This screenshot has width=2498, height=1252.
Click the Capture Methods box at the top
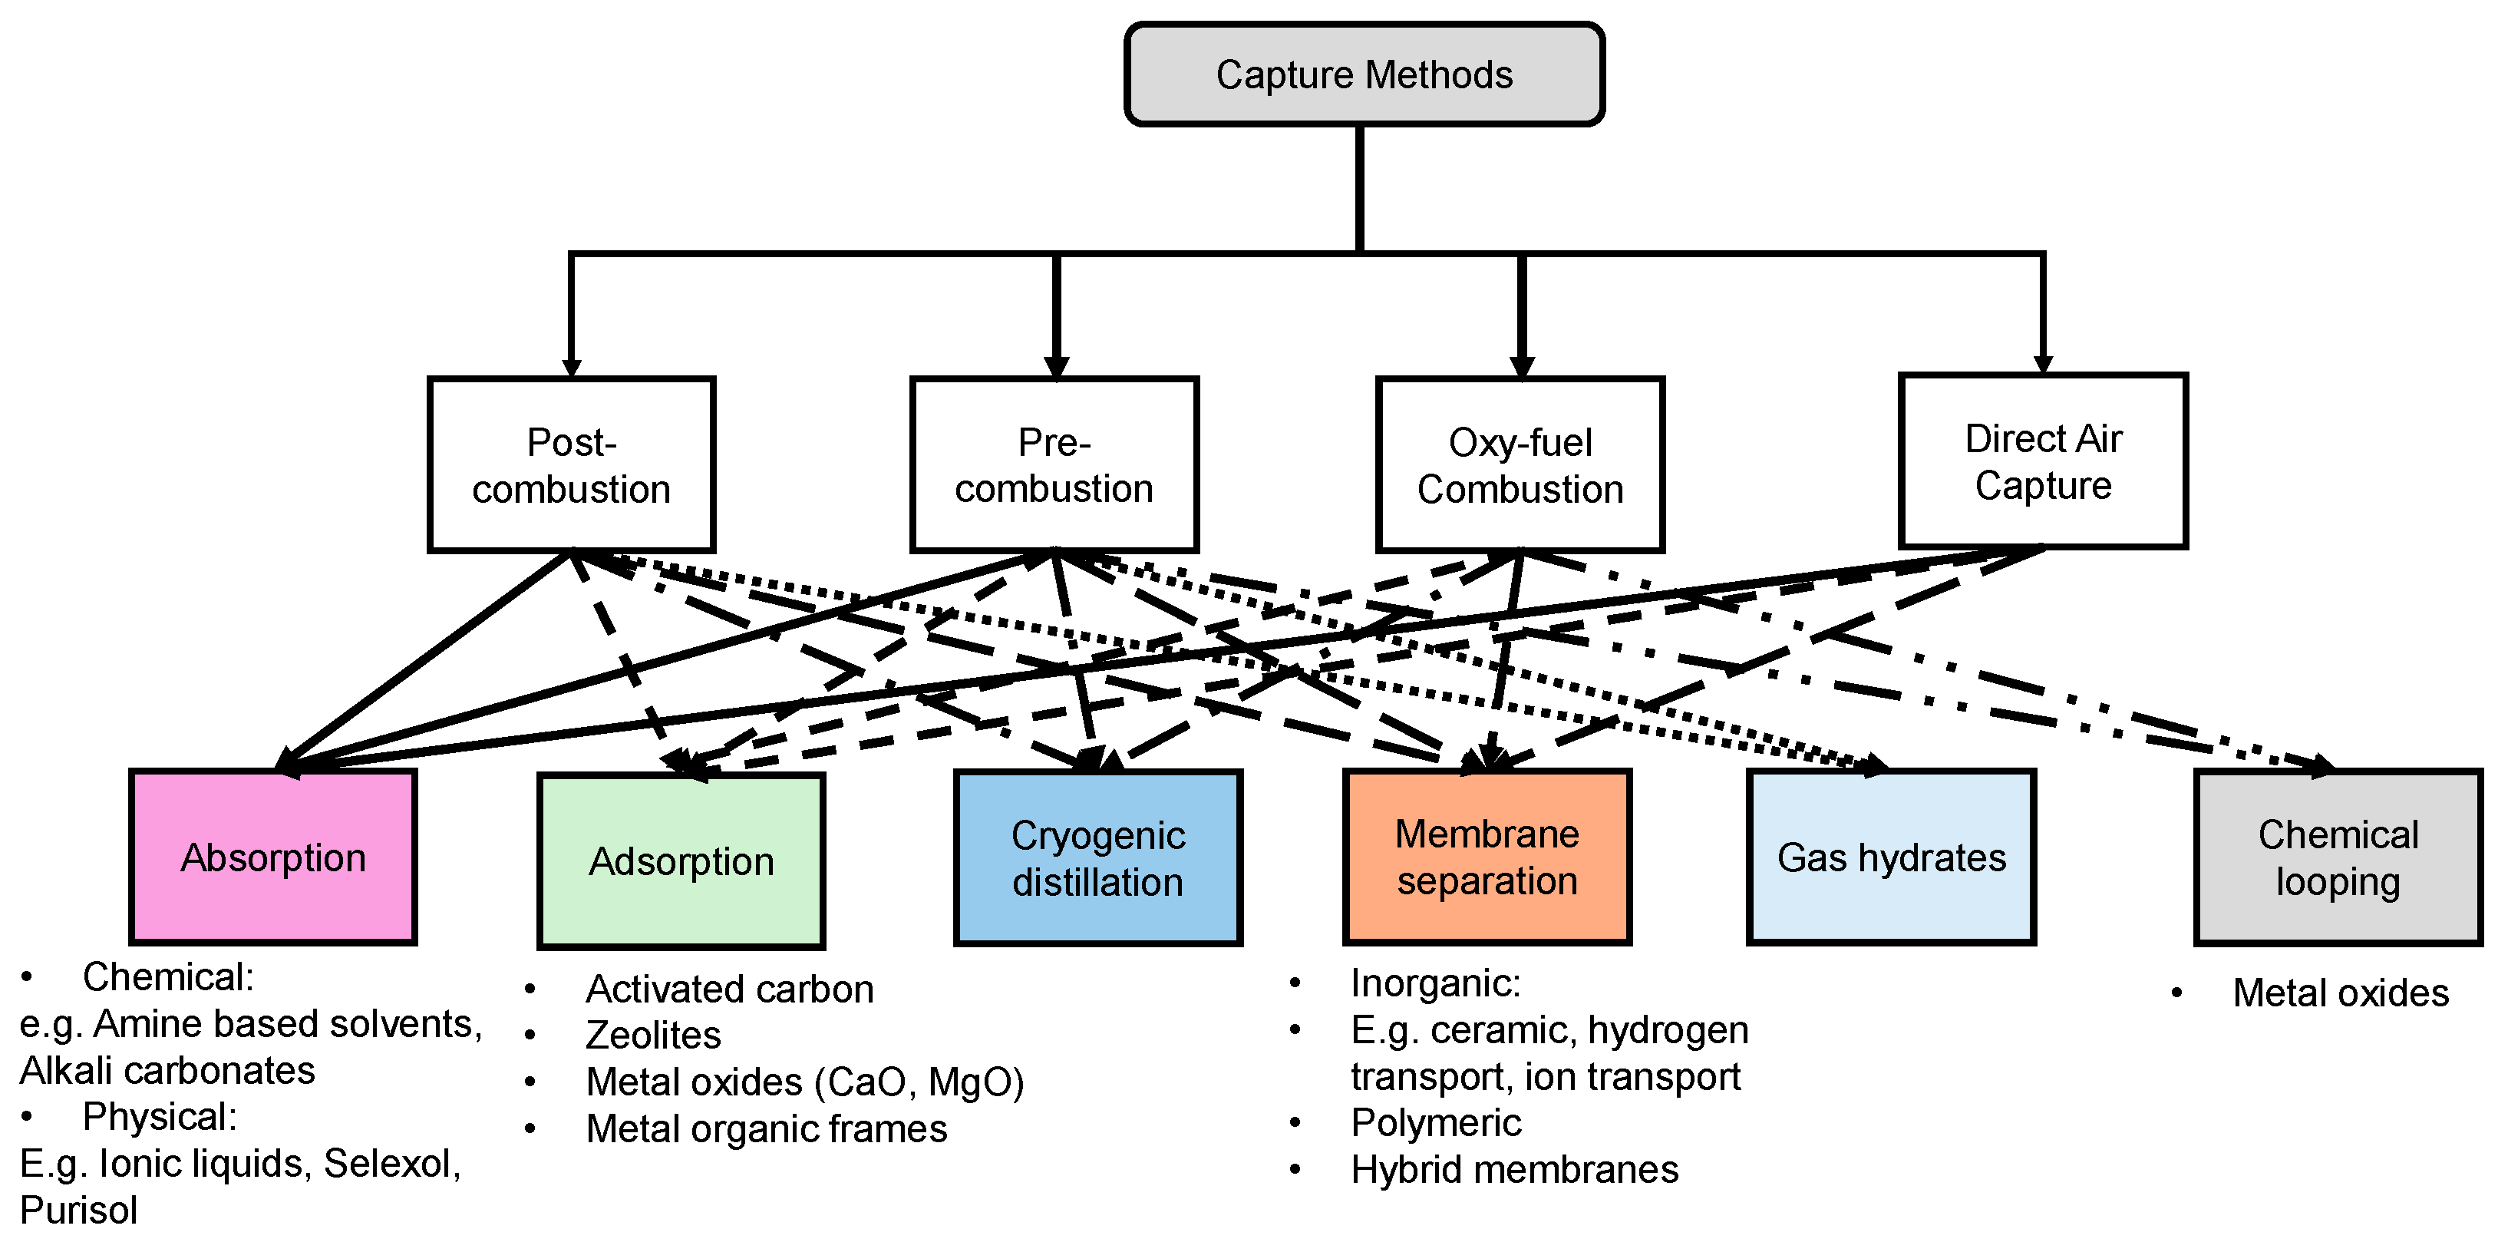pyautogui.click(x=1364, y=74)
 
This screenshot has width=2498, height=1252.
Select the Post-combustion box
pyautogui.click(x=571, y=465)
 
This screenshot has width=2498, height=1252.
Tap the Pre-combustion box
pyautogui.click(x=1054, y=465)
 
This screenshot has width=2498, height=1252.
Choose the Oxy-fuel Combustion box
pyautogui.click(x=1520, y=465)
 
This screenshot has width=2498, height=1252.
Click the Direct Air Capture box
pyautogui.click(x=2042, y=461)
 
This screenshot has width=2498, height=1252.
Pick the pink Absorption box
pyautogui.click(x=272, y=857)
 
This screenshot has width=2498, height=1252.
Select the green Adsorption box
pyautogui.click(x=681, y=861)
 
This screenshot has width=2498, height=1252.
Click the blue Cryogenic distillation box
pyautogui.click(x=1097, y=858)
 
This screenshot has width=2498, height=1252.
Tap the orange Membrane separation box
pyautogui.click(x=1487, y=857)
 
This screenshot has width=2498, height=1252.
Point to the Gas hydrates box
pyautogui.click(x=1891, y=857)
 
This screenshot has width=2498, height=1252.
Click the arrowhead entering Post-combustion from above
pyautogui.click(x=571, y=368)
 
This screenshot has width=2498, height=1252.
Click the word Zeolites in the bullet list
pyautogui.click(x=652, y=1035)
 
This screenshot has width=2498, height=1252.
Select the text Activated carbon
pyautogui.click(x=729, y=989)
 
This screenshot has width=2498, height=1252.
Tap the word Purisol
pyautogui.click(x=78, y=1211)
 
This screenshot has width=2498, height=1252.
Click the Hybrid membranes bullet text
pyautogui.click(x=1513, y=1170)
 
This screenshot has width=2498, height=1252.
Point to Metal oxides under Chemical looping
pyautogui.click(x=2340, y=993)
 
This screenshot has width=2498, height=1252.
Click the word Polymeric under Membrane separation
pyautogui.click(x=1435, y=1123)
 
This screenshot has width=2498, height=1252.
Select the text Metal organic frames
pyautogui.click(x=766, y=1129)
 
